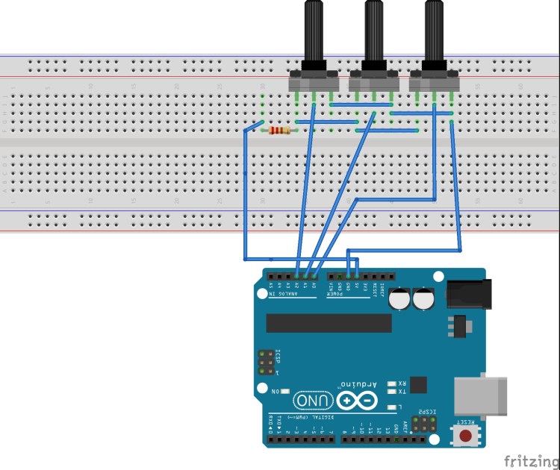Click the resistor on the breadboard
tap(280, 131)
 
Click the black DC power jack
tap(470, 293)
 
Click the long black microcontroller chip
tap(329, 322)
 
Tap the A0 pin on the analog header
tap(314, 276)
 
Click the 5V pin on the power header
tap(357, 276)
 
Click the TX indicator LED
tap(391, 392)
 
